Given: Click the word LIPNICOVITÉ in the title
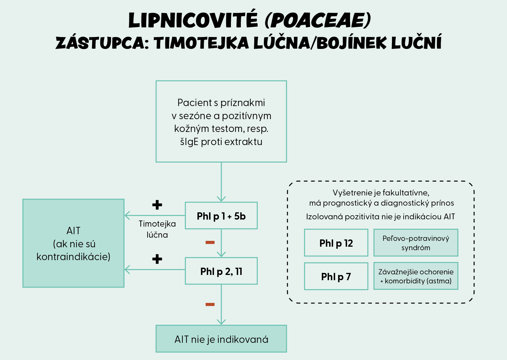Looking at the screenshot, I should point(193,20).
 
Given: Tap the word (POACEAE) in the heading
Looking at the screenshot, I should point(318,20).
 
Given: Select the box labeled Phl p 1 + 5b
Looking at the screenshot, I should point(221,216).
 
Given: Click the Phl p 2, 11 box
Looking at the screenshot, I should point(221,271).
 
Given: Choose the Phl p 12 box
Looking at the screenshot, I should point(336,243).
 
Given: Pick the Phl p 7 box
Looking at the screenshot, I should point(336,276).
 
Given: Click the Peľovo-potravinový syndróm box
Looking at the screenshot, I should point(416,243).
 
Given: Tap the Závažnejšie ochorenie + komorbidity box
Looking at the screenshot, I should point(416,276).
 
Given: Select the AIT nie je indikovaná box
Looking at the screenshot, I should point(221,339).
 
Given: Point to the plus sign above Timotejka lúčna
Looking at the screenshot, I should point(157,205).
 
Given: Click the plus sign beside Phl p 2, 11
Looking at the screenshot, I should point(157,259).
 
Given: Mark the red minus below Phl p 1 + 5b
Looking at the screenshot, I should point(210,242).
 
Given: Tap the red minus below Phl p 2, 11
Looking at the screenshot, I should point(210,304).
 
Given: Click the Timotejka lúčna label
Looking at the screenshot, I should point(157,229).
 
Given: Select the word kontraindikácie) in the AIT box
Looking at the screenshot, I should point(73,257).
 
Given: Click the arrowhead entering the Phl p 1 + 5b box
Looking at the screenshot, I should point(221,199).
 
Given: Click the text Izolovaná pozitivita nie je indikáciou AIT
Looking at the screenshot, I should point(380,217).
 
